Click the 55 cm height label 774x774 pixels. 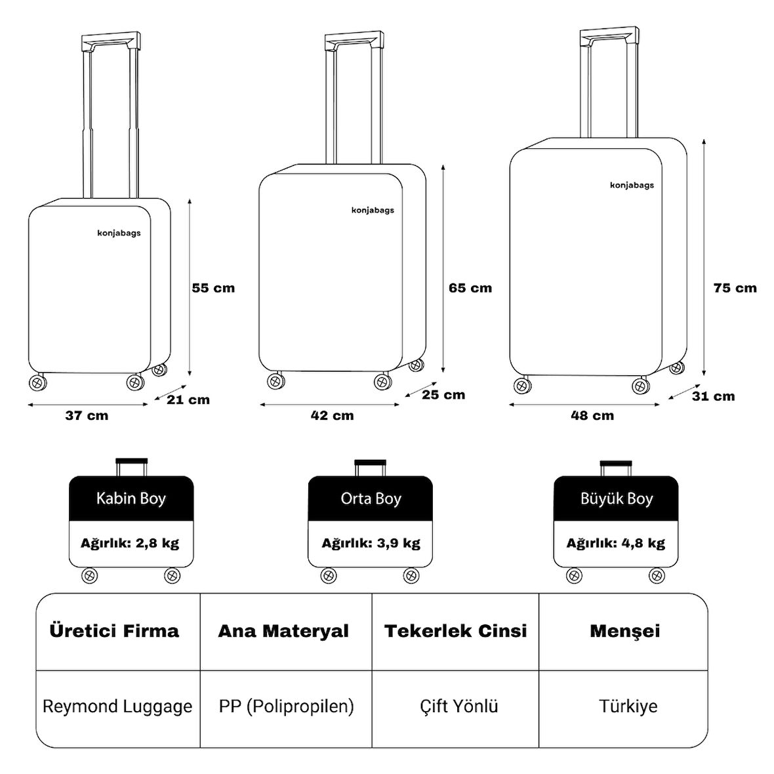tap(213, 288)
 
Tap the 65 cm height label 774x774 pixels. tap(470, 288)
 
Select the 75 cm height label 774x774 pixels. tap(735, 288)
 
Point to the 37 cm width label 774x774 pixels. tap(87, 415)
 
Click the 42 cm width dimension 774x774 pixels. tap(332, 415)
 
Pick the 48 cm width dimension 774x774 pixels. tap(592, 415)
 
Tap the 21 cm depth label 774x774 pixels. tap(188, 399)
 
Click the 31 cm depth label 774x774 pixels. tap(713, 396)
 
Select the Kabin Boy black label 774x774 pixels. tap(131, 499)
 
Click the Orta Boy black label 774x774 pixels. tap(371, 499)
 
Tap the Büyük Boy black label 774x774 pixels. tap(617, 499)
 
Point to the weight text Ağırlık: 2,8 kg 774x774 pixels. tap(130, 543)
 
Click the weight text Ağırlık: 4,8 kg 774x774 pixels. tap(616, 543)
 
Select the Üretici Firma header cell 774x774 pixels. tap(114, 631)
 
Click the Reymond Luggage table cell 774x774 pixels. tap(117, 706)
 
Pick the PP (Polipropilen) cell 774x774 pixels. tap(286, 706)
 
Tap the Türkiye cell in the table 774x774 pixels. tap(628, 706)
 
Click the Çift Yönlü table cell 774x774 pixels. tap(459, 706)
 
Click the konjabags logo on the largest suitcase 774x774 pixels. tap(632, 185)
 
